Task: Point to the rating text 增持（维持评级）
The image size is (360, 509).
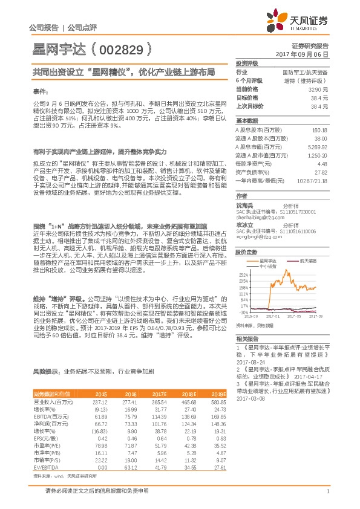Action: click(x=306, y=80)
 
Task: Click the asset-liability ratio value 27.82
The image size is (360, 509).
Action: click(x=321, y=172)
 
